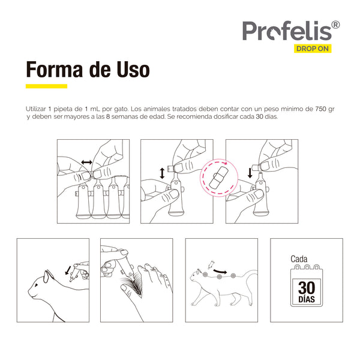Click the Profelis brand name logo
tap(286, 30)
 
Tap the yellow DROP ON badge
tap(312, 49)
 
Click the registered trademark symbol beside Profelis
tap(335, 25)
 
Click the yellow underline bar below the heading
tap(46, 86)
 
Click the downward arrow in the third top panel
tap(249, 173)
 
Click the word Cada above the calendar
tap(299, 259)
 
